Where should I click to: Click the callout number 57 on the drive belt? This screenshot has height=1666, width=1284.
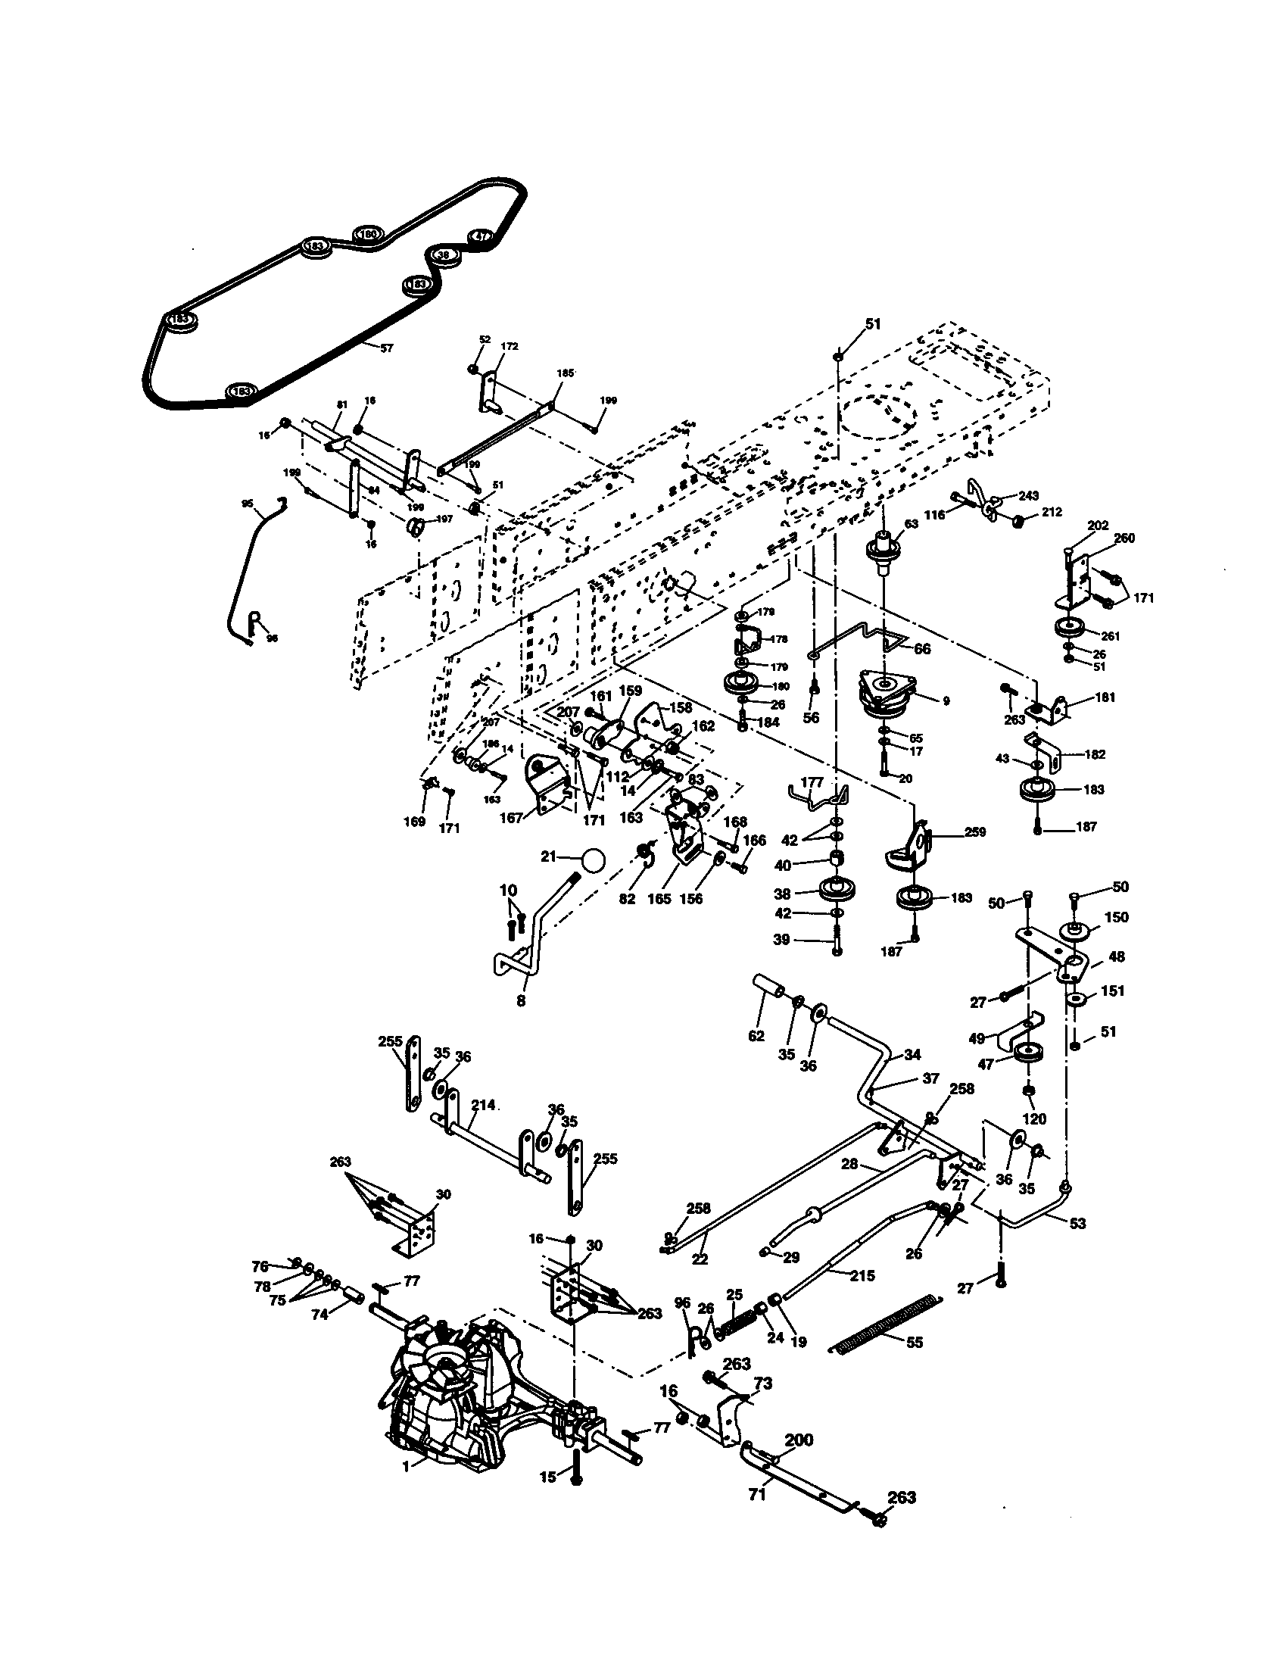[387, 348]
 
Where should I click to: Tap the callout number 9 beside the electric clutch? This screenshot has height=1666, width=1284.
[946, 700]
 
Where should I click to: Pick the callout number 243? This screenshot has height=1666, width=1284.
[1028, 496]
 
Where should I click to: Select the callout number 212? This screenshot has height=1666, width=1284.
[1051, 513]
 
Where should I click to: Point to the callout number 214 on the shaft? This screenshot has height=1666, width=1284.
[484, 1104]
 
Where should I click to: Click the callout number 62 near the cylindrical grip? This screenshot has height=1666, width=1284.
[756, 1036]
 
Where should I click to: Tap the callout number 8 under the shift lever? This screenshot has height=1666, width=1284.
[521, 1000]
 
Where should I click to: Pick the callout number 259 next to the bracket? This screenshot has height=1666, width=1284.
[974, 831]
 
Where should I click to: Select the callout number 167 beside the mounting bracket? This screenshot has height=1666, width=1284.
[511, 818]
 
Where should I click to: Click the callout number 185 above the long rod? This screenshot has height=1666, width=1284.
[565, 374]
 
